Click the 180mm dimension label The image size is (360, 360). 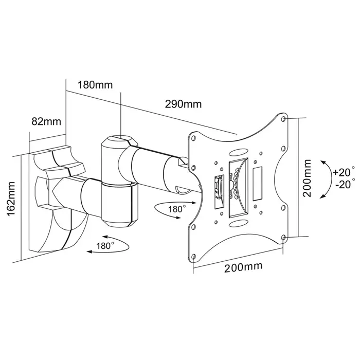[x=95, y=85]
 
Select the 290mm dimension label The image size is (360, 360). [x=183, y=104]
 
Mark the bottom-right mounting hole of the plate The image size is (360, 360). [x=284, y=238]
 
